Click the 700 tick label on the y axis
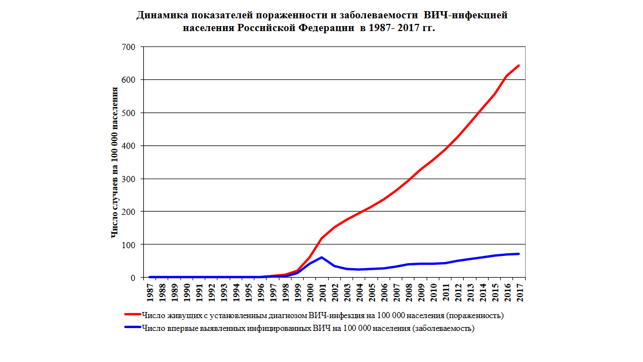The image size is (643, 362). pos(128,47)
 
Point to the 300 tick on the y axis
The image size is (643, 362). pos(128,179)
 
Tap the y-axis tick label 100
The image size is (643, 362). pos(128,245)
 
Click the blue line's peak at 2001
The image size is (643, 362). pos(322,257)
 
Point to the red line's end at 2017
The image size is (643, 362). pos(519,66)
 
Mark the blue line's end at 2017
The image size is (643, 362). pos(519,254)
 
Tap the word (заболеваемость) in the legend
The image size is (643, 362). pos(443,328)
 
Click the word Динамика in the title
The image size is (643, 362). pos(160,16)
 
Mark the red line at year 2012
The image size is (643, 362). pos(458,137)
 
